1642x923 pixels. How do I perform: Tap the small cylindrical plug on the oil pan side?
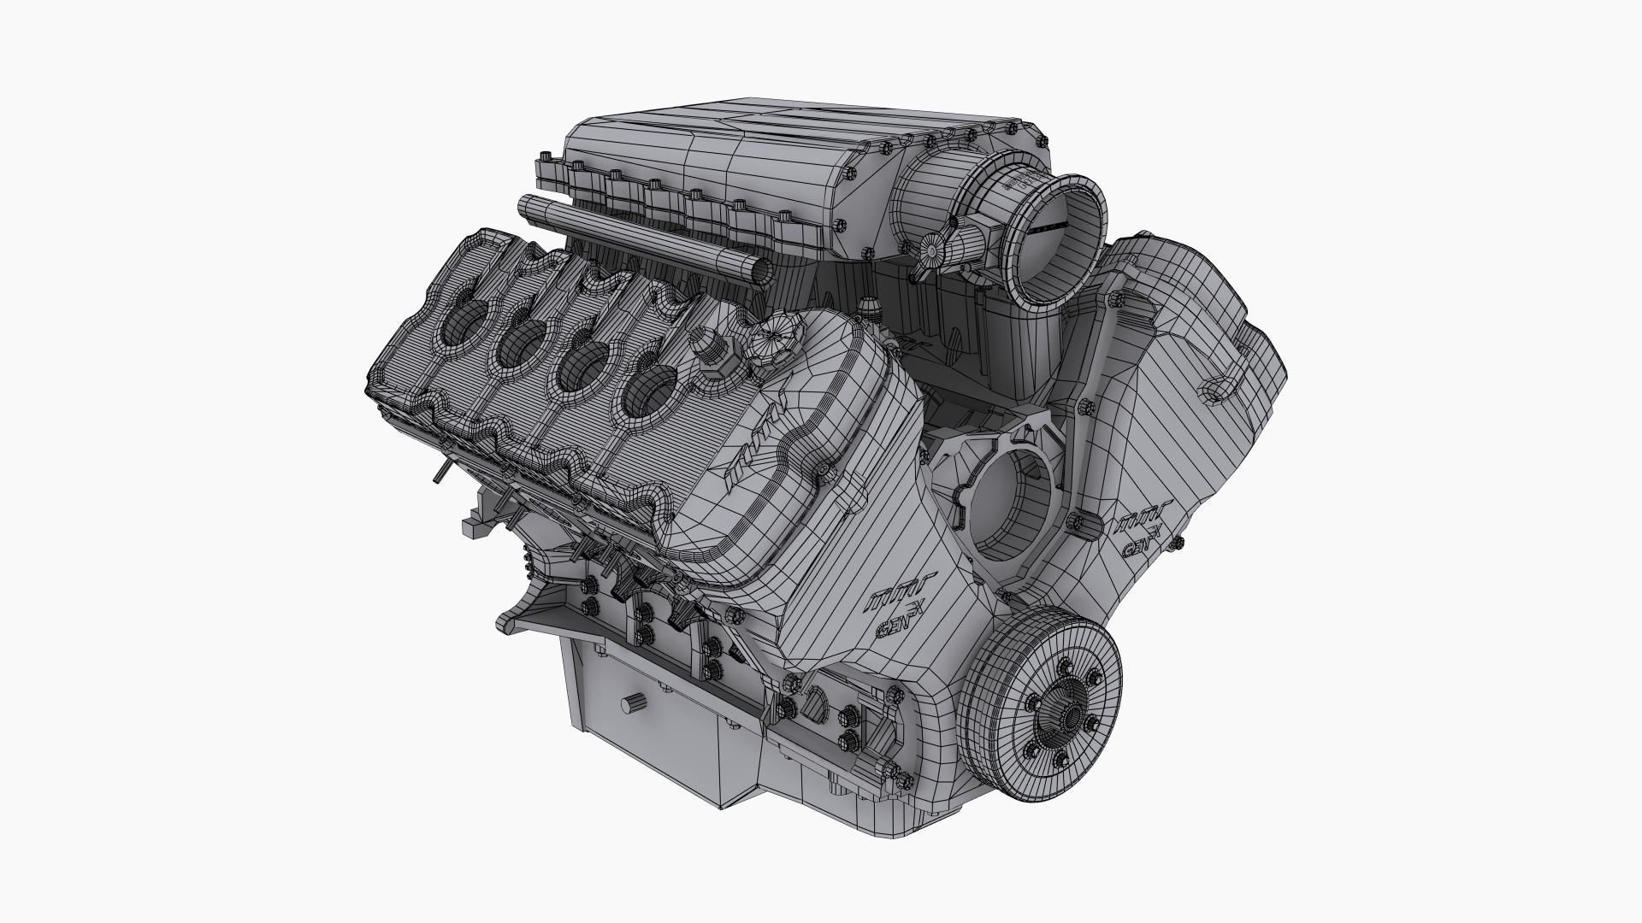coord(634,703)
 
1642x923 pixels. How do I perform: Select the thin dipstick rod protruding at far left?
coord(440,471)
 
